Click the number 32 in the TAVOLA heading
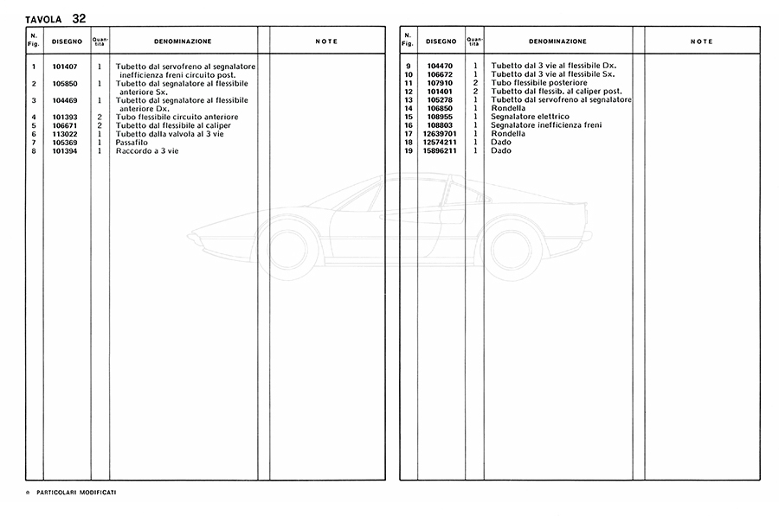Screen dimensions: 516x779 [x=79, y=17]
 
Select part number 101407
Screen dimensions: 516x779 [x=66, y=67]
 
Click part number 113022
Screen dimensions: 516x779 [x=66, y=134]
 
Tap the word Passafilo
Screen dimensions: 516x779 [x=132, y=143]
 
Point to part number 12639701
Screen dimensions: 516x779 [x=441, y=134]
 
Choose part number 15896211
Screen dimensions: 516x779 [x=441, y=151]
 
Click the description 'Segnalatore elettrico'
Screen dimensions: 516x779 [x=530, y=117]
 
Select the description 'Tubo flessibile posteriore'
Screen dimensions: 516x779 [x=538, y=83]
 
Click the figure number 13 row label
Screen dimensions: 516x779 [x=408, y=100]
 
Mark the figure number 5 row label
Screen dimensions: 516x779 [x=33, y=125]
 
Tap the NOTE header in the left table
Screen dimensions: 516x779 [x=326, y=41]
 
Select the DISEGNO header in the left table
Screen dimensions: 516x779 [x=66, y=41]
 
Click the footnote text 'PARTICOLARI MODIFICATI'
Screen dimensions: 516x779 [x=77, y=492]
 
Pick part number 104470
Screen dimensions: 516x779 [x=441, y=67]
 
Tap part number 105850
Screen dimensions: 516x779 [x=66, y=83]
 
